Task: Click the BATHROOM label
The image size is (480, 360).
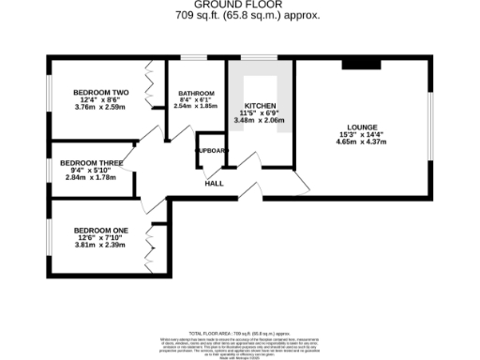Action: [196, 94]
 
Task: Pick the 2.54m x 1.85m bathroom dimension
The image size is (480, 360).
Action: [196, 106]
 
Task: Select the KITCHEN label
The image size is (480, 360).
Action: [259, 106]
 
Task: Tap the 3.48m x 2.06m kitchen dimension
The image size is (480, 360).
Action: [259, 122]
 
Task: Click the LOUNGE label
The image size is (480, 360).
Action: [362, 128]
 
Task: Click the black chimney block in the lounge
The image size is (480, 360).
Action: [361, 63]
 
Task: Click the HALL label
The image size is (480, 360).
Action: [214, 184]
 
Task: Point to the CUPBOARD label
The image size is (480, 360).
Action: [211, 150]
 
